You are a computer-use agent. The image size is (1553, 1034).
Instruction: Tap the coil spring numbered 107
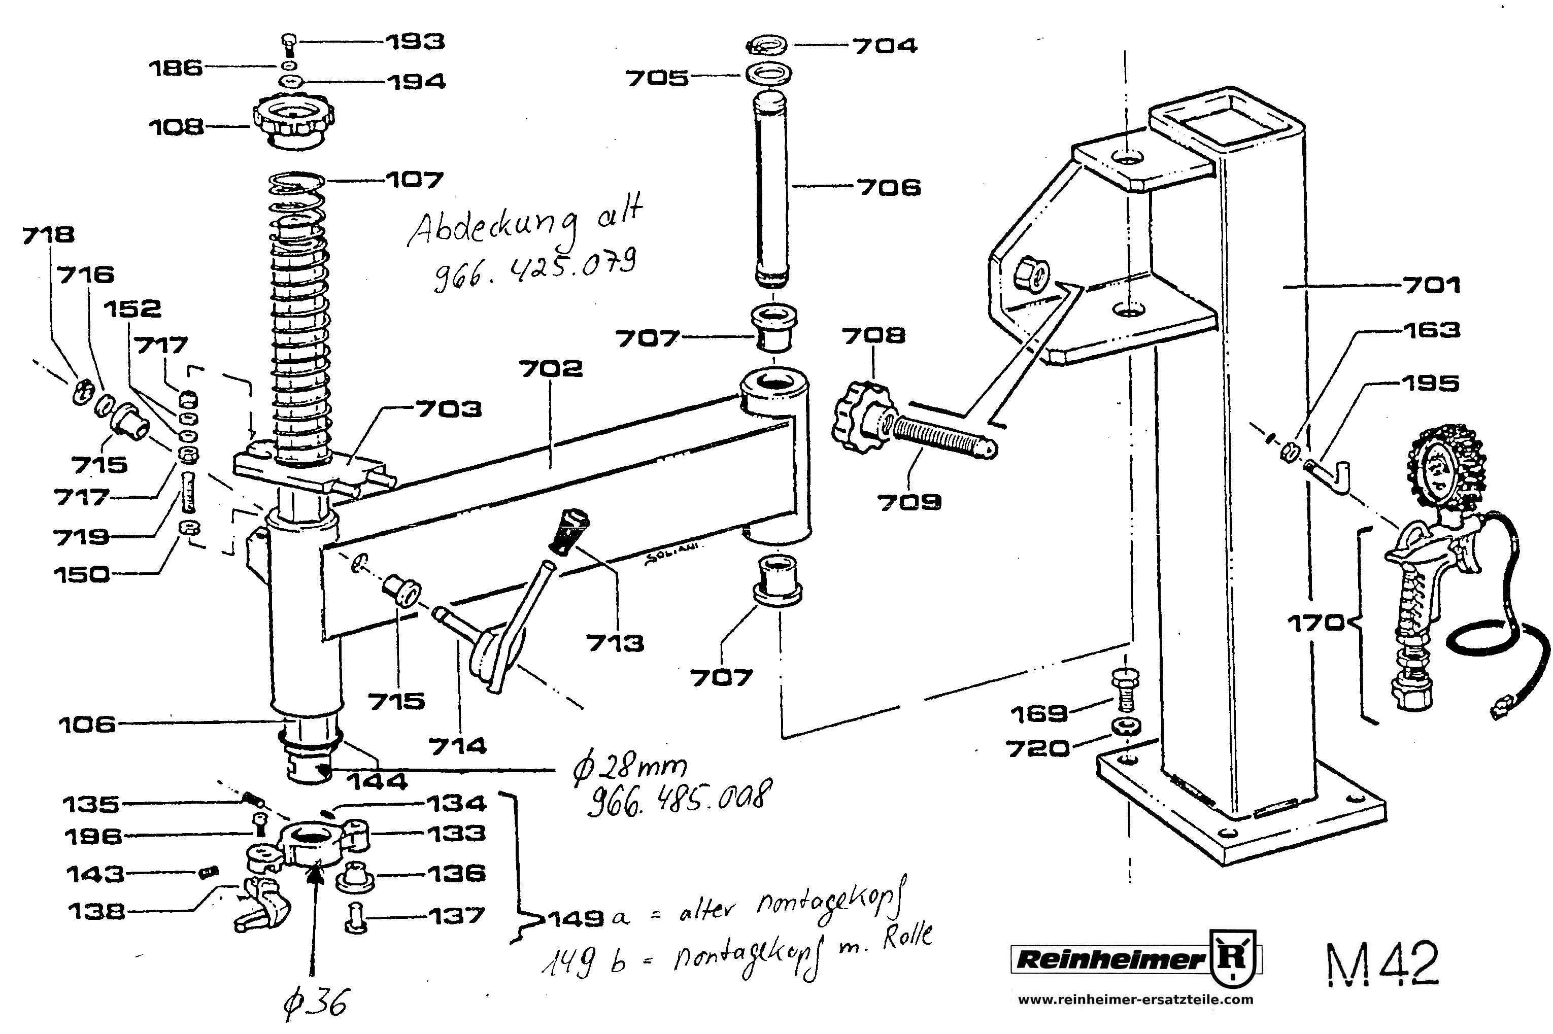tap(300, 317)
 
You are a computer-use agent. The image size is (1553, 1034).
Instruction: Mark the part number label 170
tap(1315, 623)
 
